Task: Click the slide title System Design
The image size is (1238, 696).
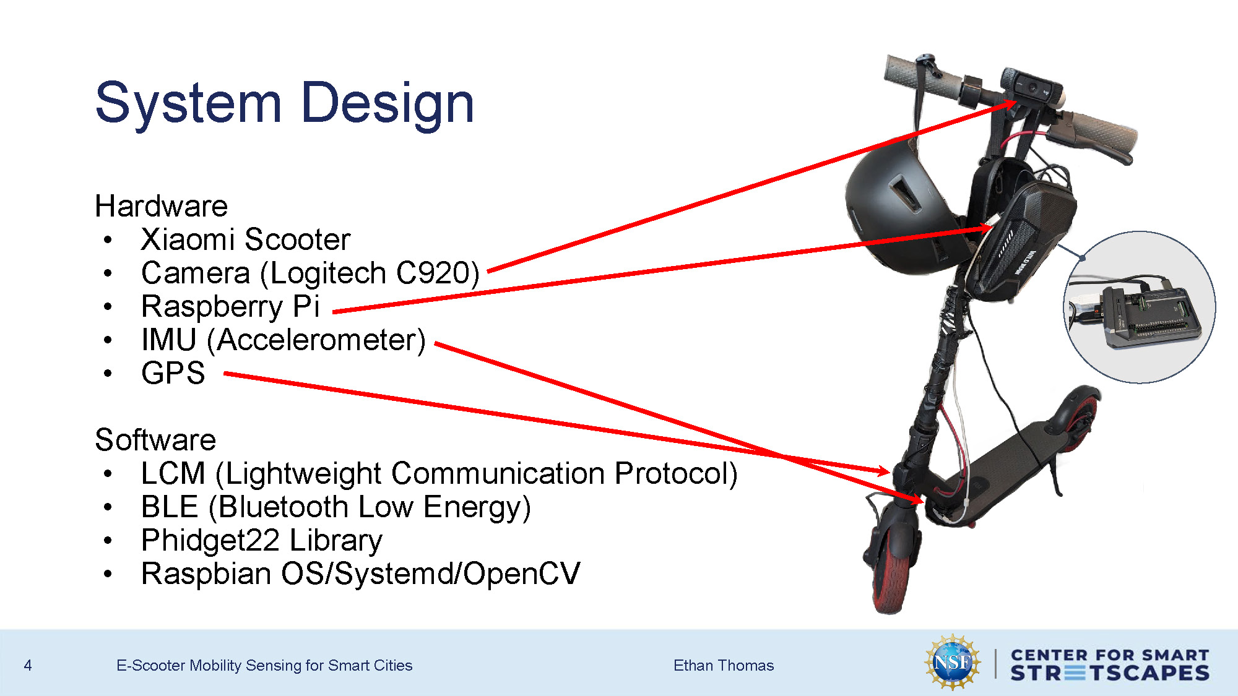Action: pos(285,103)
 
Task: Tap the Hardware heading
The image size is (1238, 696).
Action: pos(161,206)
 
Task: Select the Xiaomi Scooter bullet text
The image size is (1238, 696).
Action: pos(245,239)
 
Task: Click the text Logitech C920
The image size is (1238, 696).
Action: pos(370,273)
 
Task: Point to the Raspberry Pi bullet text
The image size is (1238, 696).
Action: pos(230,306)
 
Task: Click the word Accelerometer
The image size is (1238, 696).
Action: pos(321,340)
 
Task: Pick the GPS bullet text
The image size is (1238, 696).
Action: pos(173,373)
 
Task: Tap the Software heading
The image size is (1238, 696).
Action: pos(155,440)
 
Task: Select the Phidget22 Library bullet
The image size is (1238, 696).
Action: pos(261,540)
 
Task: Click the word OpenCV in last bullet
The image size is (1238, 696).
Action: pos(521,574)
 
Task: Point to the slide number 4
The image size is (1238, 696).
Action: pos(28,666)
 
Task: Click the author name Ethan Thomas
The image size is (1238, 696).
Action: pos(723,666)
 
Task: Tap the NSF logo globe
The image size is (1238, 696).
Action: pos(952,663)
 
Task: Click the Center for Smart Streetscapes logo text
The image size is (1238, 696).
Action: pos(1109,664)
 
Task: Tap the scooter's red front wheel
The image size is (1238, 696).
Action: pos(891,569)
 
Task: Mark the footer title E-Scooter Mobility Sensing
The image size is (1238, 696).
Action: pos(264,666)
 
